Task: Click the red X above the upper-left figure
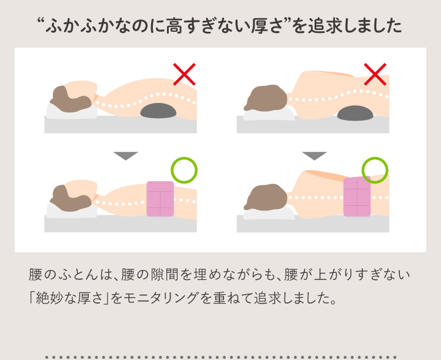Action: pyautogui.click(x=184, y=74)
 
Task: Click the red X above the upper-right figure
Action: pyautogui.click(x=375, y=74)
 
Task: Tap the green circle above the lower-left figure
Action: pyautogui.click(x=184, y=169)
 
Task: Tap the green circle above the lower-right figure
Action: pyautogui.click(x=375, y=169)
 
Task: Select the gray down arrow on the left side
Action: pyautogui.click(x=125, y=155)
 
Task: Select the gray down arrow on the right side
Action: pyautogui.click(x=315, y=155)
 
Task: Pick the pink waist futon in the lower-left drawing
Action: pyautogui.click(x=160, y=199)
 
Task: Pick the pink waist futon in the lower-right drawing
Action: pyautogui.click(x=357, y=196)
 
